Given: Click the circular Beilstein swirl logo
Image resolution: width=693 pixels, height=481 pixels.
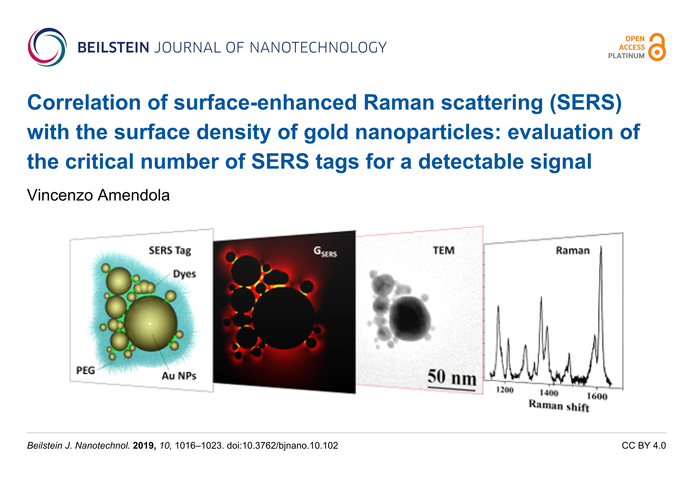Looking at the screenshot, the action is pos(47,47).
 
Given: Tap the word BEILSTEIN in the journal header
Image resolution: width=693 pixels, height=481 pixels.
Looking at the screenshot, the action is pos(113,48).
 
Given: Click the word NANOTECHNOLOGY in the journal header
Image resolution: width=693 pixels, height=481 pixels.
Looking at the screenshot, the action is pos(318,48).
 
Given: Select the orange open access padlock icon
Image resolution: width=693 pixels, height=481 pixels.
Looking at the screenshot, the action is pos(657,47).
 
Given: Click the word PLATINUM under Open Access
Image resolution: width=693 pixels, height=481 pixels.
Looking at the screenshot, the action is pos(626,56).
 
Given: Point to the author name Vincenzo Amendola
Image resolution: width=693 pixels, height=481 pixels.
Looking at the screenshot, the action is pos(98,195).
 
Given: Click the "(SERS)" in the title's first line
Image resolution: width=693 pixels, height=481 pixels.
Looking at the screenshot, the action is pos(586,103).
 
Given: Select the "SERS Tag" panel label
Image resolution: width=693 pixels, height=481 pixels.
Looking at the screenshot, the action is pos(170,250).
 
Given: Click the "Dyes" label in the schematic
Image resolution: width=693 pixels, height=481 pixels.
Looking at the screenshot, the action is pos(184,274).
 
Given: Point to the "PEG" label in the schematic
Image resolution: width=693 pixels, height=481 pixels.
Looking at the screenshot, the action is pos(85,370).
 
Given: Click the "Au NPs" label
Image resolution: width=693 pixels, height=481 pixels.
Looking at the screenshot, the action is pos(179,376).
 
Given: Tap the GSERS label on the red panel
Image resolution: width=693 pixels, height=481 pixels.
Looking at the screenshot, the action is pos(325,251).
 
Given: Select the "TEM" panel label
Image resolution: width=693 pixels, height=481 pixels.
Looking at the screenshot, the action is pos(444,250).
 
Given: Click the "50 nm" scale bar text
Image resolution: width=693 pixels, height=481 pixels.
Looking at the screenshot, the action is pos(452,377).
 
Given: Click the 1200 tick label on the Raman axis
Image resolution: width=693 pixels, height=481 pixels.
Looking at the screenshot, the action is pos(505,390).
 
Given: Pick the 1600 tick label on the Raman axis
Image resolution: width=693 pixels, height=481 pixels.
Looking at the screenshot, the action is pos(597,396).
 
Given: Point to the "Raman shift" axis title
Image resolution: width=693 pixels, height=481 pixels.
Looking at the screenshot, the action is pos(559,406).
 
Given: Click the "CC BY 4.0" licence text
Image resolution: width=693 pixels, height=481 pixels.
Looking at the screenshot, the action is pos(644,446).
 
